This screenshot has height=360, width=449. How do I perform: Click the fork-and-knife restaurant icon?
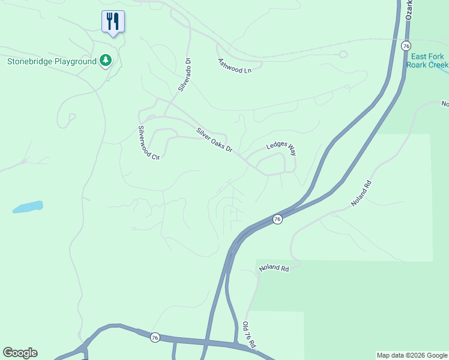(113, 22)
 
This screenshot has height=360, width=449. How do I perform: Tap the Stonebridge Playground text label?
(52, 61)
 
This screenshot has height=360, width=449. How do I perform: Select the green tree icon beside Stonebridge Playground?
(106, 60)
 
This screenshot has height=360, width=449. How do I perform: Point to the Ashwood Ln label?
(234, 65)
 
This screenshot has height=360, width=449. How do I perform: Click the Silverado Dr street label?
(184, 74)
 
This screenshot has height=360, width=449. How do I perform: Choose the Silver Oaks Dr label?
(214, 139)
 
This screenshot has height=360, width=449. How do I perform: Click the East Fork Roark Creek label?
(427, 61)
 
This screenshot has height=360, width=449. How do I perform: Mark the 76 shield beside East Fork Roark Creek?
(406, 46)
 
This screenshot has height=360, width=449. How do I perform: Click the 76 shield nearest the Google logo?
(155, 337)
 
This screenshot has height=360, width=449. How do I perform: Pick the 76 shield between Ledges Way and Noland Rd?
(277, 220)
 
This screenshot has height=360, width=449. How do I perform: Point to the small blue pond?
(28, 207)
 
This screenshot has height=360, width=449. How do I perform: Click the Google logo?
(20, 353)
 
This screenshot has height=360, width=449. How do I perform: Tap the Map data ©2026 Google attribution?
(412, 355)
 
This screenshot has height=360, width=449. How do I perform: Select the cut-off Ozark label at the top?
(409, 9)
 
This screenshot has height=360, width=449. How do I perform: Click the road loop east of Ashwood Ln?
(343, 55)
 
